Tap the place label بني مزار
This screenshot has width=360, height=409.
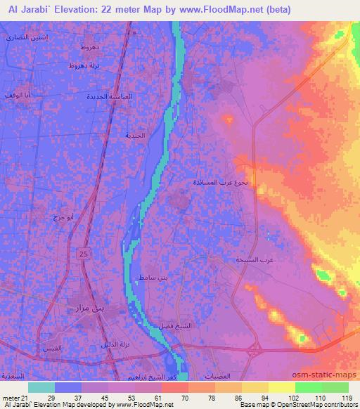coord(89,307)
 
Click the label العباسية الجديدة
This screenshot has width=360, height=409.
coord(108,96)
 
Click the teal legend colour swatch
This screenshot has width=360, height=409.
coord(41,387)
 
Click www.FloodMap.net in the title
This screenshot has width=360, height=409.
coord(221,9)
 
